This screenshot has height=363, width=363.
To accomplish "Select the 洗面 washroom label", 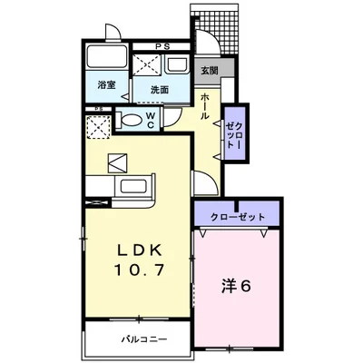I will pyautogui.click(x=161, y=88).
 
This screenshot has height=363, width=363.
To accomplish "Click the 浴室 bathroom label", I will pyautogui.click(x=106, y=86).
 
